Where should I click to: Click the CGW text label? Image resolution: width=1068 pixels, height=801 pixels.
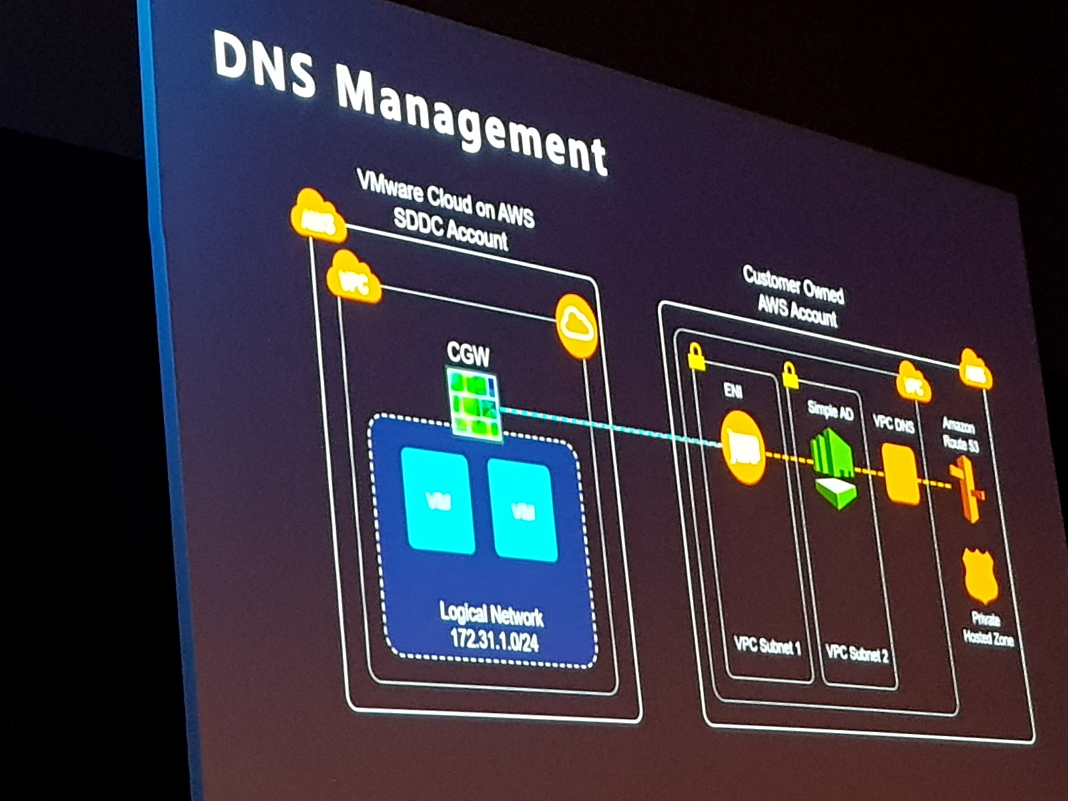(x=467, y=355)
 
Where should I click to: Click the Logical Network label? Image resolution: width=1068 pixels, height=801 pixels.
(x=491, y=614)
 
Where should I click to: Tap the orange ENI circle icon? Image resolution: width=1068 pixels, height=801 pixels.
(x=744, y=447)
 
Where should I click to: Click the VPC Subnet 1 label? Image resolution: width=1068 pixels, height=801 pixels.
(x=767, y=646)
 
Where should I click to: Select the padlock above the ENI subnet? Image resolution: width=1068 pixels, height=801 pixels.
(x=696, y=357)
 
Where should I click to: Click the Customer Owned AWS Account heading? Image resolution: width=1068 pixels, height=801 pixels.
(x=795, y=296)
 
